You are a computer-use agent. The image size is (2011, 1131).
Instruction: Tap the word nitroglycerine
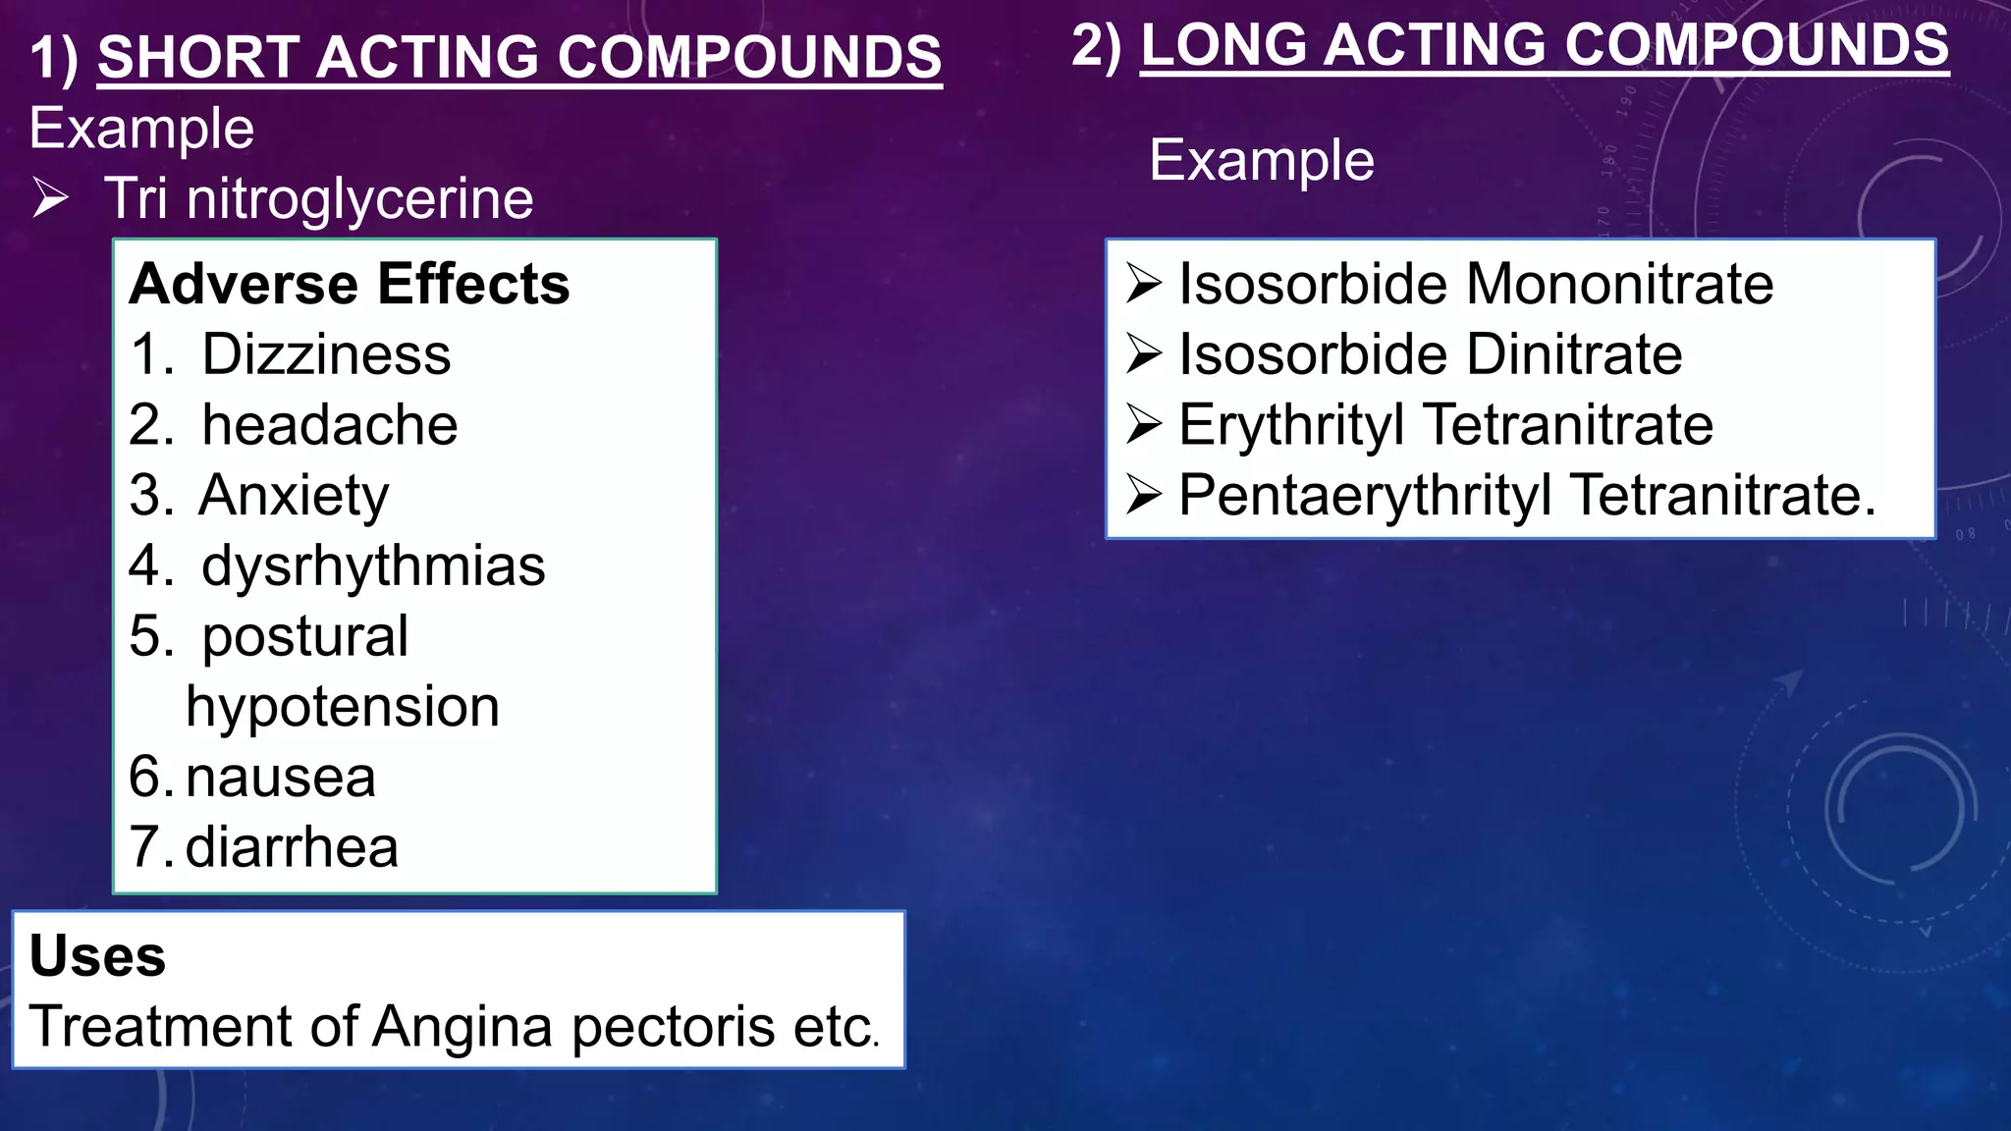click(359, 199)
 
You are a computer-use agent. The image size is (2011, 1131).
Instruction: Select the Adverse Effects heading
click(350, 285)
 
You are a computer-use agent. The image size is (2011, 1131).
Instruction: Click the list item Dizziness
click(326, 354)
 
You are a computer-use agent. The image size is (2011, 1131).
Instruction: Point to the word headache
click(330, 425)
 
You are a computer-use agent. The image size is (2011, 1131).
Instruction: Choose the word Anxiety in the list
click(294, 496)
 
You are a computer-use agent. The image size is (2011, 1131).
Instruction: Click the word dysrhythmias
click(373, 566)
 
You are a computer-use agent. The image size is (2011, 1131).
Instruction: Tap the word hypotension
click(343, 707)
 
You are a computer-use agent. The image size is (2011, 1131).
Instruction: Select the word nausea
click(281, 778)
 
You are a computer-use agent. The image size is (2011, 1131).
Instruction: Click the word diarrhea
click(292, 848)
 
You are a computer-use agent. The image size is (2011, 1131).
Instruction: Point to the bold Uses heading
click(97, 956)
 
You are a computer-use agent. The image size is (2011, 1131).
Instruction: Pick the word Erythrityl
click(1291, 425)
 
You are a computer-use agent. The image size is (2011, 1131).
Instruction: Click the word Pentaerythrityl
click(1365, 496)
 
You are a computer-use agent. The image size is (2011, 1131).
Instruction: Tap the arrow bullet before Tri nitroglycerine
click(50, 198)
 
